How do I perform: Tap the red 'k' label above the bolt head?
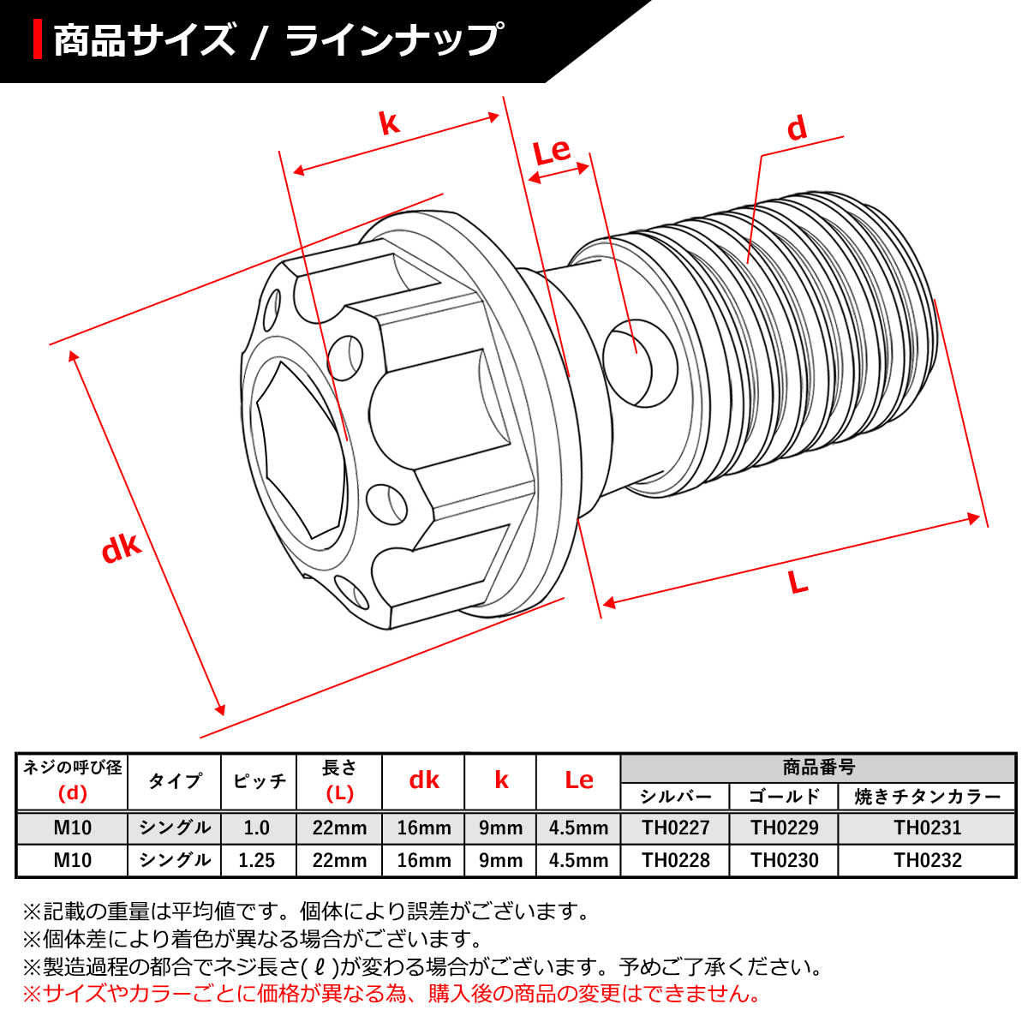pyautogui.click(x=390, y=123)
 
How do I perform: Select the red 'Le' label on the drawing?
pyautogui.click(x=552, y=152)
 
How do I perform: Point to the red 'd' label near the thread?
pyautogui.click(x=797, y=128)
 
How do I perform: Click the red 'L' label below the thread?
pyautogui.click(x=798, y=583)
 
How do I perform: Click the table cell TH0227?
pyautogui.click(x=675, y=828)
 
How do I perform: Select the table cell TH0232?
pyautogui.click(x=927, y=860)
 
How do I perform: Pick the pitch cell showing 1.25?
pyautogui.click(x=258, y=860)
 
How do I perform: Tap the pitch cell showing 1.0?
pyautogui.click(x=258, y=828)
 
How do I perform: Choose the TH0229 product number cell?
pyautogui.click(x=784, y=828)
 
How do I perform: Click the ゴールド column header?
pyautogui.click(x=784, y=797)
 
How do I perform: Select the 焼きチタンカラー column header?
pyautogui.click(x=927, y=797)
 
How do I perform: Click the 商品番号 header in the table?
pyautogui.click(x=818, y=768)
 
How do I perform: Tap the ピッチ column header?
pyautogui.click(x=259, y=781)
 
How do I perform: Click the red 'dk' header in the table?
pyautogui.click(x=424, y=780)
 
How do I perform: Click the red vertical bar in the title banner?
pyautogui.click(x=38, y=39)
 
